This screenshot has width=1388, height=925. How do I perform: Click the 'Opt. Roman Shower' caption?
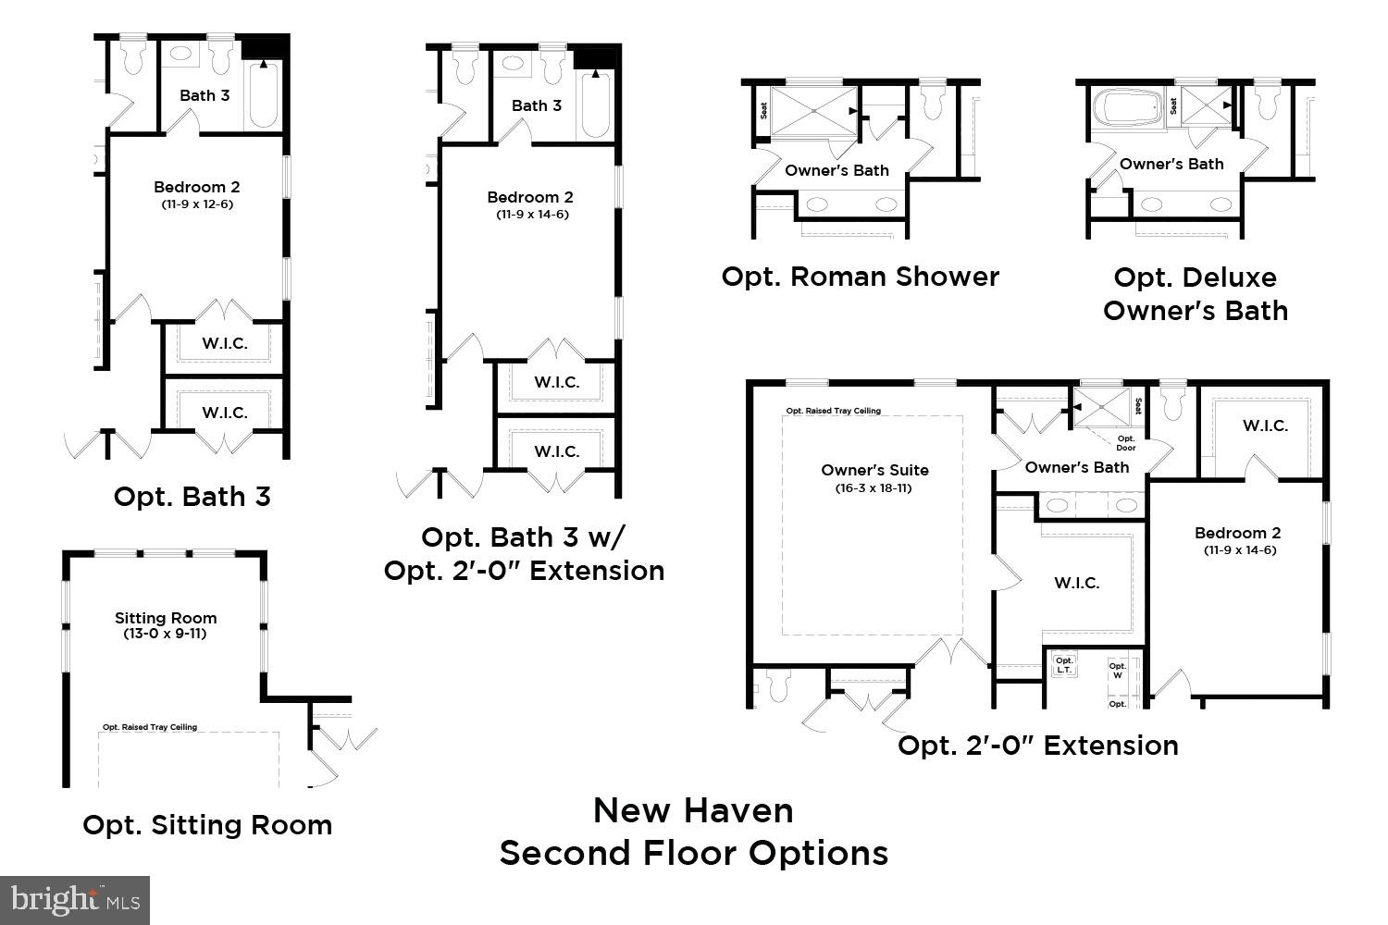coord(860,277)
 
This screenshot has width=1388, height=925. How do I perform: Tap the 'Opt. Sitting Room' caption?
coord(207,825)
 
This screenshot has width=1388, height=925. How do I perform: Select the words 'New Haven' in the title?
coord(693,810)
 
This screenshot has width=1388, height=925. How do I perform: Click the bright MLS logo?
coord(75,899)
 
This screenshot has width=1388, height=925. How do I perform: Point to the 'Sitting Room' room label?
coord(166,618)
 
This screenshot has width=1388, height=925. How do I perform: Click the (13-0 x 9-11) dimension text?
coord(166,634)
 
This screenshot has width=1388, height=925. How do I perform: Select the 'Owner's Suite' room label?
coord(874,470)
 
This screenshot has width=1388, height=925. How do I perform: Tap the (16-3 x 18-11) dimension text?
coord(874,487)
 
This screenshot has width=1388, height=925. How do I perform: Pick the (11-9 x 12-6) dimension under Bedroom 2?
coord(197,203)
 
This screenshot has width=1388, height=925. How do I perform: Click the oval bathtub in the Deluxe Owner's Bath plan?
coord(1127,107)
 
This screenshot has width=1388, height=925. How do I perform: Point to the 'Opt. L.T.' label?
coord(1064,664)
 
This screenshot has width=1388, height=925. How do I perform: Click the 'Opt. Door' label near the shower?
coord(1125,443)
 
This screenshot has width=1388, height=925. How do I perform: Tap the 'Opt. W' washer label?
coord(1118,670)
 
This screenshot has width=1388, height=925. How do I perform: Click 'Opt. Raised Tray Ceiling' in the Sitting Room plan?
coord(150,727)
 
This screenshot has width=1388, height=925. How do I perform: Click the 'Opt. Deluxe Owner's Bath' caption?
coord(1195,294)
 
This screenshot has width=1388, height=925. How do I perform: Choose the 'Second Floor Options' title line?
coord(693,853)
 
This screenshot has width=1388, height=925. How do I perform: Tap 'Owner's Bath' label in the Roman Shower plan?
coord(837,170)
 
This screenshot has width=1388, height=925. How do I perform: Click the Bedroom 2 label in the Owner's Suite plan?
coord(1237,533)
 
